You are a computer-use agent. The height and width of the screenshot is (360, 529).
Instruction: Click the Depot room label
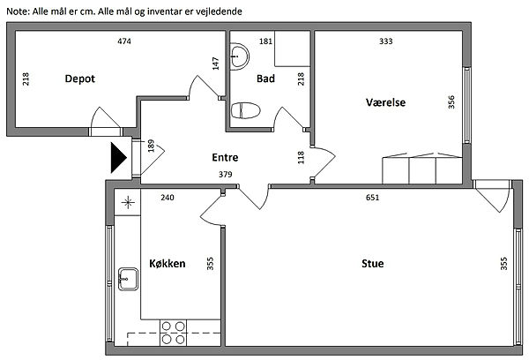(x=79, y=79)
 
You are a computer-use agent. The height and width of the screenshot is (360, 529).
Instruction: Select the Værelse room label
(x=385, y=102)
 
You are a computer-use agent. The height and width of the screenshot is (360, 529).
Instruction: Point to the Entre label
(x=226, y=158)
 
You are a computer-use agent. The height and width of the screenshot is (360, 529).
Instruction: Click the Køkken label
(x=167, y=263)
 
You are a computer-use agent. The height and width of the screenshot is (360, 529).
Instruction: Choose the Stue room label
(x=372, y=263)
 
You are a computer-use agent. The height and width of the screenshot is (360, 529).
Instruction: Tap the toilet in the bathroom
(x=244, y=111)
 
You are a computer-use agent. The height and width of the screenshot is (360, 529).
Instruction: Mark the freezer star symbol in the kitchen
(x=128, y=203)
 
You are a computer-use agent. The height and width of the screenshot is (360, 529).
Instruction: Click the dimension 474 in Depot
(x=126, y=41)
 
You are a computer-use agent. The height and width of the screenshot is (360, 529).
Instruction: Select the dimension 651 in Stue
(x=372, y=198)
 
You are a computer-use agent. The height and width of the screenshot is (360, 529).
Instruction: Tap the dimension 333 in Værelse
(x=385, y=41)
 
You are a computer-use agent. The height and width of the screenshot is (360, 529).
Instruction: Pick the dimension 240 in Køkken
(x=168, y=198)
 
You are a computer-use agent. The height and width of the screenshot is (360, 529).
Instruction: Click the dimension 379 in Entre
(x=226, y=175)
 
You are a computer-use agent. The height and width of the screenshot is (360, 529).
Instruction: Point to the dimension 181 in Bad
(x=265, y=41)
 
